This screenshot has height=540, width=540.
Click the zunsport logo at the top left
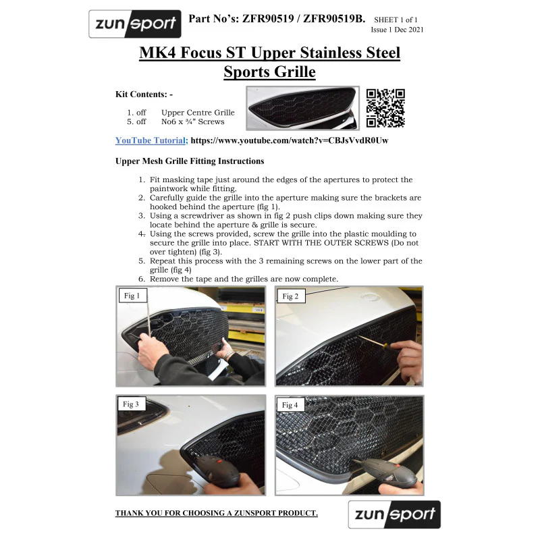(134, 24)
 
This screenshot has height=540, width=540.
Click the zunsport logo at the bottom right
(394, 514)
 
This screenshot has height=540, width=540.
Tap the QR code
(385, 108)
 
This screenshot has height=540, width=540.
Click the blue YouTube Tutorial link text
(151, 140)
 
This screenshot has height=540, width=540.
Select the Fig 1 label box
(133, 296)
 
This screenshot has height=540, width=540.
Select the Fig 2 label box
(291, 296)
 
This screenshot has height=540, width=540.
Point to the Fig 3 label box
(132, 404)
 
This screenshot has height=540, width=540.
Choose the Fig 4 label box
(290, 404)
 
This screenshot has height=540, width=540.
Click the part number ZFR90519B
(334, 19)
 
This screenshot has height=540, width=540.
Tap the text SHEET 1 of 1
(396, 20)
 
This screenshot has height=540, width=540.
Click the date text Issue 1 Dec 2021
(397, 30)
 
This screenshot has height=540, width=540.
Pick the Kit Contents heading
(144, 94)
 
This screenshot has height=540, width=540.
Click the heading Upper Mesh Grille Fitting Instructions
(190, 161)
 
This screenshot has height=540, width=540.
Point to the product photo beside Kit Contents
(302, 108)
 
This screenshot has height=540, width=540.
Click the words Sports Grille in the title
(269, 72)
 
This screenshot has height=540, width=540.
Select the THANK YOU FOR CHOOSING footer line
(217, 513)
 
